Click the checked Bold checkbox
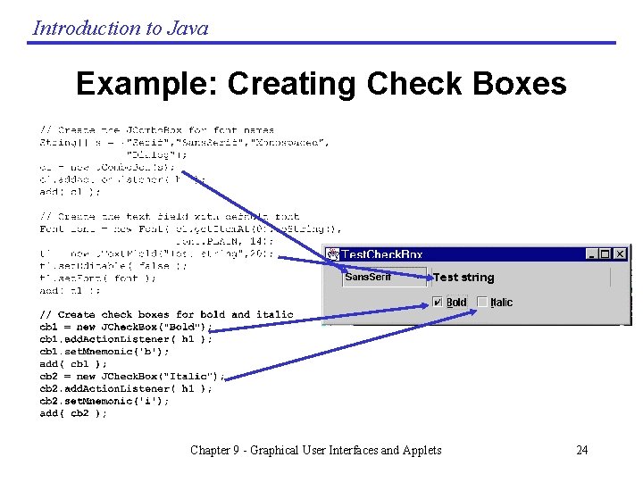pos(438,302)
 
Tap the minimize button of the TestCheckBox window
pos(591,254)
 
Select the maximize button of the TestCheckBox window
pos(605,254)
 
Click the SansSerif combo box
pos(384,278)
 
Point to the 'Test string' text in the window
pos(463,278)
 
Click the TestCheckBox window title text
pos(382,255)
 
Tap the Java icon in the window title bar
pos(332,255)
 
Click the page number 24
pos(581,450)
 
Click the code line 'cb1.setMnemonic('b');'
pos(105,351)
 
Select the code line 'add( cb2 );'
pos(73,413)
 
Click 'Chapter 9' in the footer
pos(216,450)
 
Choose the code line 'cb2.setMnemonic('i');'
pos(105,401)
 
